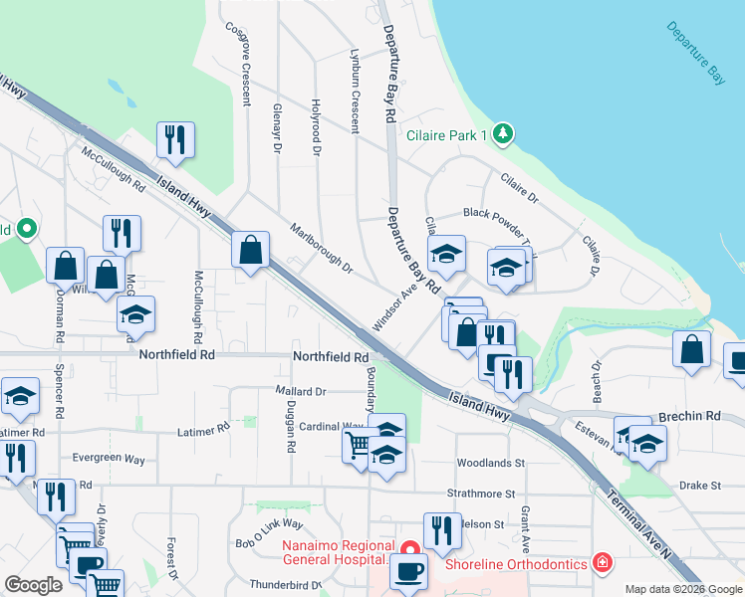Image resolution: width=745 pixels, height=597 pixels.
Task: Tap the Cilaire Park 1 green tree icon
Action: point(504,132)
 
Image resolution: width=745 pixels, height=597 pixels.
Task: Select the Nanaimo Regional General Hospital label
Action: point(334,552)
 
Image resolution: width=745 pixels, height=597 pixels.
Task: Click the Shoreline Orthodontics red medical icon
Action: point(601,563)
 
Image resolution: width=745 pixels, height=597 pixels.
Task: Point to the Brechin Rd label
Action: point(688,416)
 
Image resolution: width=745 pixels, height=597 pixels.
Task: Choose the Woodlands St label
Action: point(490,463)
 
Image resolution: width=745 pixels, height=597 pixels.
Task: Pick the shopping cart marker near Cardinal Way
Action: point(357,444)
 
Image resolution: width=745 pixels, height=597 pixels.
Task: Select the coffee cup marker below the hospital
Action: point(407,571)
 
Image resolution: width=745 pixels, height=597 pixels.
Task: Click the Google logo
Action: point(34,584)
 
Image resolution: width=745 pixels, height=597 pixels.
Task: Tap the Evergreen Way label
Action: point(109,459)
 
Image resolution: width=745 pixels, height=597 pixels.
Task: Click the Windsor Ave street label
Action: point(392,309)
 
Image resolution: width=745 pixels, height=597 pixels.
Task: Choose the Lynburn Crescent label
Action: point(353,91)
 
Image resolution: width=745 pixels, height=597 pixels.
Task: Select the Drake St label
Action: point(699,485)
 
